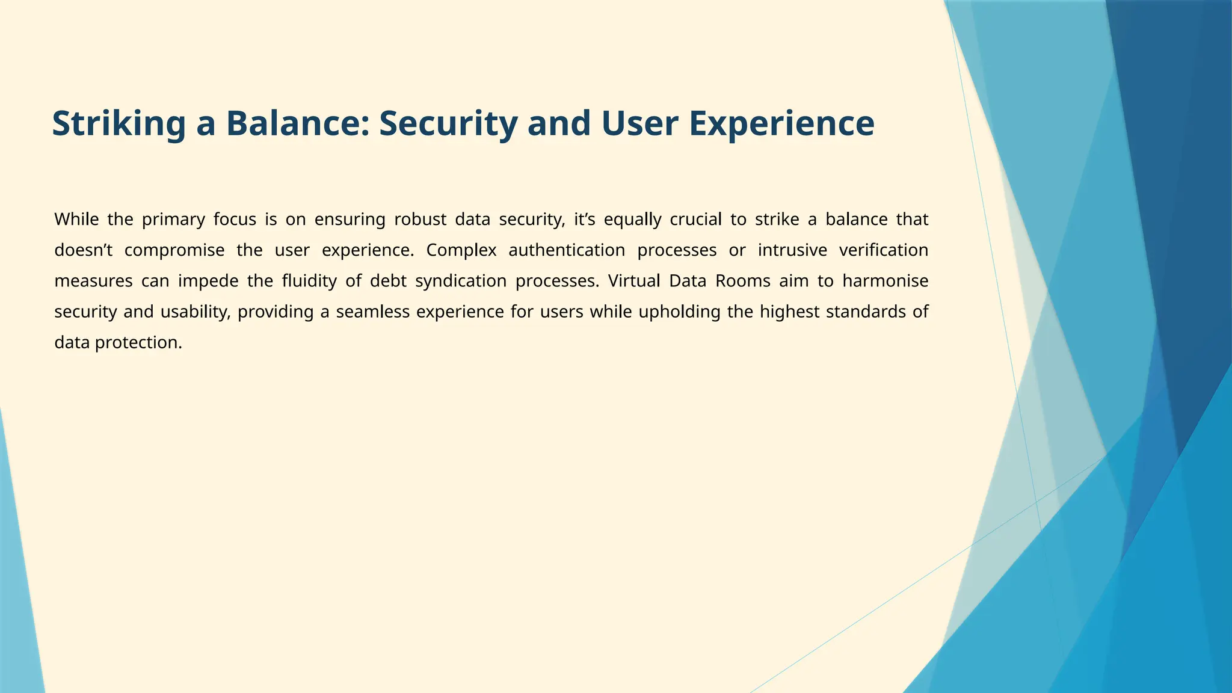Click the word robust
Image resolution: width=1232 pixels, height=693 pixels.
(x=420, y=220)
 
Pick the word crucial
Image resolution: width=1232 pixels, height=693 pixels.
(x=695, y=220)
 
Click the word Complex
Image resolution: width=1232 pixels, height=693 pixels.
(x=461, y=250)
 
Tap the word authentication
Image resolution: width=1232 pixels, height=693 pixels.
(x=567, y=250)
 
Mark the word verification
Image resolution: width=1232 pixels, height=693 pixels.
(x=884, y=250)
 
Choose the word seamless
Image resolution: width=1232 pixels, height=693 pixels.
(x=369, y=312)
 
